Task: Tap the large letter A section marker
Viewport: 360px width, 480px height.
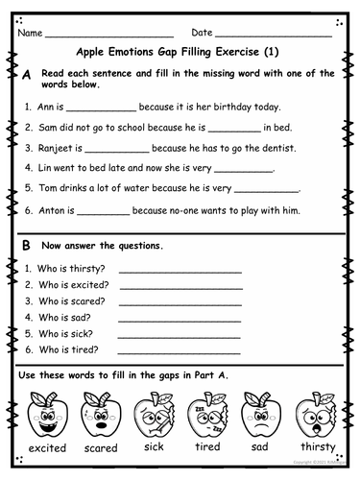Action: click(x=26, y=75)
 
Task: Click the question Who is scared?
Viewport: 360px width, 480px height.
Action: click(x=72, y=300)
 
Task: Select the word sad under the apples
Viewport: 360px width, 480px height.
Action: click(x=262, y=448)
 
